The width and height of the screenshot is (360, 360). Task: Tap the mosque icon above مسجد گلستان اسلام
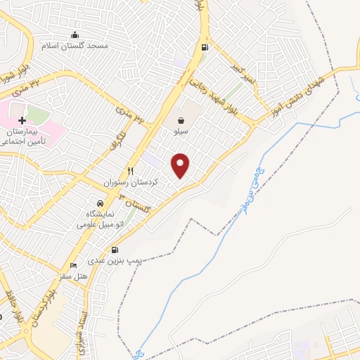tap(75, 35)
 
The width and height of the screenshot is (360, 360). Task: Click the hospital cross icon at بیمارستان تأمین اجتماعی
tap(22, 120)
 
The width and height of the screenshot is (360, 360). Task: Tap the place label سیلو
tap(181, 131)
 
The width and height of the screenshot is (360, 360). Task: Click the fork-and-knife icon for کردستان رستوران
tap(130, 171)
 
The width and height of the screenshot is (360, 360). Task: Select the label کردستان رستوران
tap(131, 182)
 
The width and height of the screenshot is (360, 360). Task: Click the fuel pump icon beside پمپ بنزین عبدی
tap(115, 250)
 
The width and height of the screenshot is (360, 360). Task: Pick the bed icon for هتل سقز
tap(75, 265)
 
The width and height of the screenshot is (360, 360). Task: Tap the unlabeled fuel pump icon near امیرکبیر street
tap(205, 48)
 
